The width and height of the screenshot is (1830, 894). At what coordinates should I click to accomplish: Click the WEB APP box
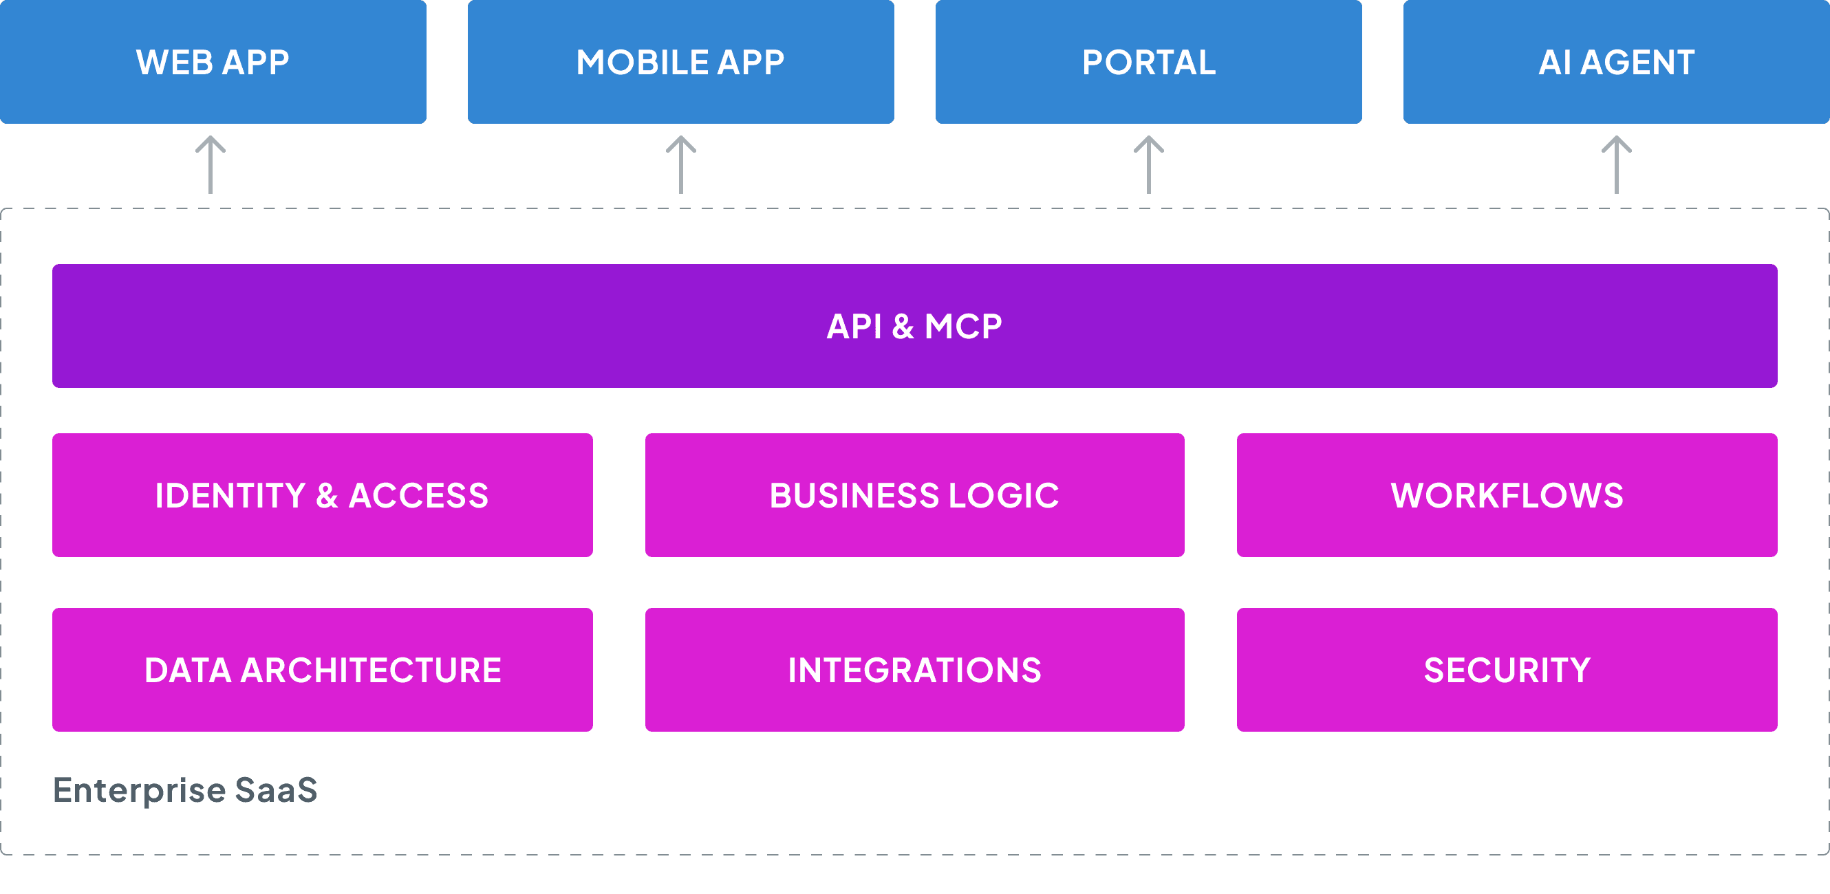pyautogui.click(x=213, y=62)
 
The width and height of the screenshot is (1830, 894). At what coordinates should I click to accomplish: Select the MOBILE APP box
pyautogui.click(x=680, y=62)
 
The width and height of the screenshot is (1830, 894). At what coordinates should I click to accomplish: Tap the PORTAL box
pyautogui.click(x=1149, y=62)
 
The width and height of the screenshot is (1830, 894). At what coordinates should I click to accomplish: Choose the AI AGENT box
pyautogui.click(x=1616, y=62)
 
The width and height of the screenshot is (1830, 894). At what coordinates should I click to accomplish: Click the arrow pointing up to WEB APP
pyautogui.click(x=211, y=165)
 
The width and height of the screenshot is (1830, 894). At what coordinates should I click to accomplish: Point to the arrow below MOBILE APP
pyautogui.click(x=680, y=165)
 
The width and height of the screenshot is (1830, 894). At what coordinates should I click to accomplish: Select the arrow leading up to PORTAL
pyautogui.click(x=1149, y=165)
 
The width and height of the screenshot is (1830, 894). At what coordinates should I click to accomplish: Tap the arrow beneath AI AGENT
pyautogui.click(x=1616, y=165)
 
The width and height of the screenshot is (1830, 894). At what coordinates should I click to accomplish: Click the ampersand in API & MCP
pyautogui.click(x=903, y=327)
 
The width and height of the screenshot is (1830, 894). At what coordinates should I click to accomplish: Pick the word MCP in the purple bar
pyautogui.click(x=962, y=327)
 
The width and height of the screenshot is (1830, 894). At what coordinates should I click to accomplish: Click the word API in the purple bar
pyautogui.click(x=854, y=327)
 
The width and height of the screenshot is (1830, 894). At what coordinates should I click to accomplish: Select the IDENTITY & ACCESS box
pyautogui.click(x=322, y=495)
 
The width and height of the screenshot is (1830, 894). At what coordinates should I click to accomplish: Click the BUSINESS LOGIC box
pyautogui.click(x=914, y=495)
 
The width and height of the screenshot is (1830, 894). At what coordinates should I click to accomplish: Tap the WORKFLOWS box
pyautogui.click(x=1507, y=495)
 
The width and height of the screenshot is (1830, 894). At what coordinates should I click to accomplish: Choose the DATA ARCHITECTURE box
pyautogui.click(x=322, y=670)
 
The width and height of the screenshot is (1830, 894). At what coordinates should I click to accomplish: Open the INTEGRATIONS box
pyautogui.click(x=914, y=670)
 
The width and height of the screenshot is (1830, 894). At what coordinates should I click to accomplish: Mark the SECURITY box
pyautogui.click(x=1507, y=670)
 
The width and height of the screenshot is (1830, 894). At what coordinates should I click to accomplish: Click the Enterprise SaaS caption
pyautogui.click(x=184, y=790)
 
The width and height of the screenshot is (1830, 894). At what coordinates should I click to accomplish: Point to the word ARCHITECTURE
pyautogui.click(x=371, y=670)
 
